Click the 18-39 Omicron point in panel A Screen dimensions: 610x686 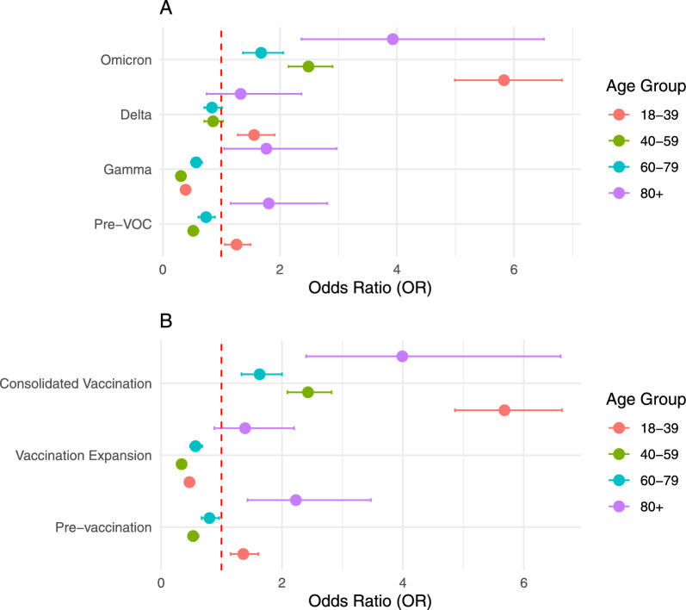pyautogui.click(x=504, y=80)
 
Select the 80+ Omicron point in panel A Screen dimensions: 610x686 pyautogui.click(x=392, y=39)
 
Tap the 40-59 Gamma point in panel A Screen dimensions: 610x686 pyautogui.click(x=181, y=176)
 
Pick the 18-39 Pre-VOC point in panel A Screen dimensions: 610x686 pyautogui.click(x=236, y=245)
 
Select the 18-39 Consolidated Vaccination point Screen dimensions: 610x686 pyautogui.click(x=504, y=409)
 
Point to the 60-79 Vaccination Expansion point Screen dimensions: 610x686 pyautogui.click(x=195, y=445)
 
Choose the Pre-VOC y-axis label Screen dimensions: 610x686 pyautogui.click(x=122, y=224)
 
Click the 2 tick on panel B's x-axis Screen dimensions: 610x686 pyautogui.click(x=281, y=582)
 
